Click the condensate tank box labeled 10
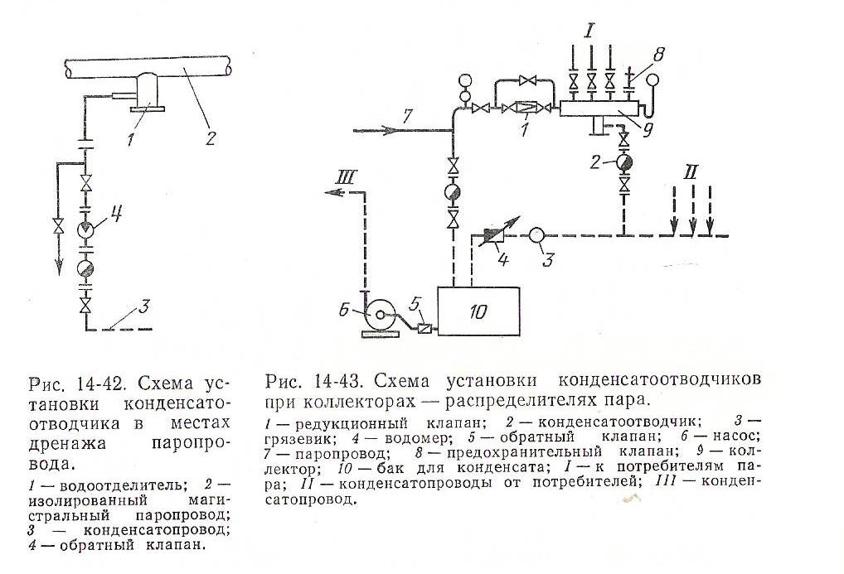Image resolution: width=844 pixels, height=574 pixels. (x=478, y=311)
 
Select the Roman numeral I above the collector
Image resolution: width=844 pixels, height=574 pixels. (x=589, y=33)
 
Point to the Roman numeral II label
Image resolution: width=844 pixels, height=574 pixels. (x=691, y=176)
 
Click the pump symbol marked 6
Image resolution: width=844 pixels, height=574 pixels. (x=380, y=316)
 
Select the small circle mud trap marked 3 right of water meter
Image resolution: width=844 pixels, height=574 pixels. (x=536, y=235)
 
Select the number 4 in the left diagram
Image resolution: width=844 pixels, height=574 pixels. (x=118, y=216)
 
